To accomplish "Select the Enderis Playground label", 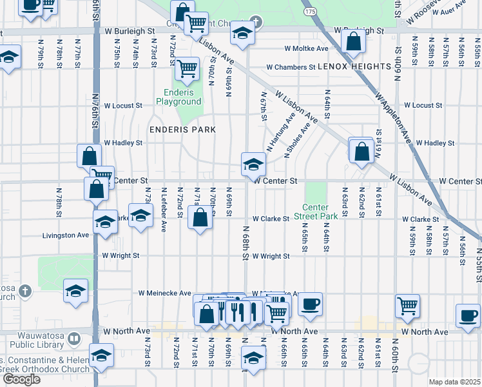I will pos(178,97).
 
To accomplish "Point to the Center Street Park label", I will pos(316,212).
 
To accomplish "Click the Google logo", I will pos(21,379).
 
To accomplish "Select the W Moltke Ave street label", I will pos(306,48).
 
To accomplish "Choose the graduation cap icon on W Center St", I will pos(253,164).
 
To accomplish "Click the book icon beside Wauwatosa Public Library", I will pos(74,338).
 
